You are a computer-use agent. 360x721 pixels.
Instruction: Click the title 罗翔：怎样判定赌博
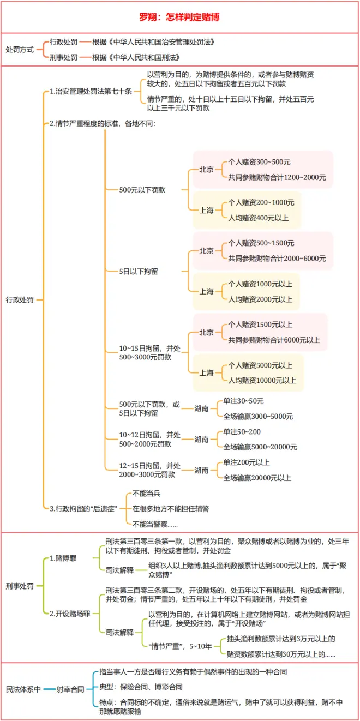(180, 17)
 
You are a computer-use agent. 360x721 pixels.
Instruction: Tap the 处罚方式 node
(20, 49)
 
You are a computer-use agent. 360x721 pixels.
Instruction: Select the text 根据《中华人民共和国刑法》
(136, 57)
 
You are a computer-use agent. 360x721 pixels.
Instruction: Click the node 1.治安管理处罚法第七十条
(91, 92)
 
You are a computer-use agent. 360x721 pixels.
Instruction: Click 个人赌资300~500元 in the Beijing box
(259, 163)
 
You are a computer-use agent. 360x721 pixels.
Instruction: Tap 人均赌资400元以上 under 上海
(259, 218)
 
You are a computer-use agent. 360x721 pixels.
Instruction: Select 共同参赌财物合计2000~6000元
(277, 258)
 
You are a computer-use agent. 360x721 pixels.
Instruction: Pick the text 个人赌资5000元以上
(260, 365)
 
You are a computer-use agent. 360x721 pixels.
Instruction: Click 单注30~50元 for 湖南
(243, 401)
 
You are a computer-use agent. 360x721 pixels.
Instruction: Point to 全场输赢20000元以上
(257, 478)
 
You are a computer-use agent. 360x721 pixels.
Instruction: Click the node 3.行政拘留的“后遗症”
(83, 508)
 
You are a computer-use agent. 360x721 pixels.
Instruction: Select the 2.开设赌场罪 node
(69, 614)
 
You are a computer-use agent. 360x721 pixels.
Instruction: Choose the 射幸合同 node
(70, 689)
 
